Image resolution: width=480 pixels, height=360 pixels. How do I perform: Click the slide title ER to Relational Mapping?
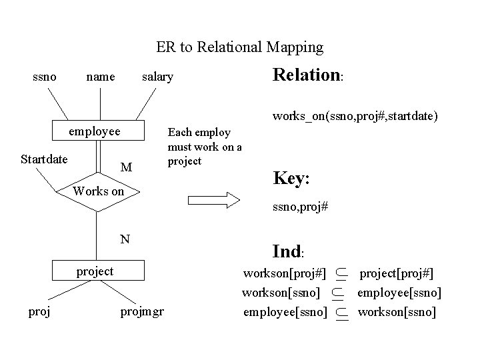[x=239, y=47]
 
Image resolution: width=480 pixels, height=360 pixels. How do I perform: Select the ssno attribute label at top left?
[x=44, y=77]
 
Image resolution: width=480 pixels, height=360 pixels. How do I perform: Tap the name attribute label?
[x=101, y=77]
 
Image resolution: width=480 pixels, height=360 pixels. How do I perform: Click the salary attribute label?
[x=157, y=77]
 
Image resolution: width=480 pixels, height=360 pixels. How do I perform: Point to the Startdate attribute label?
[x=43, y=159]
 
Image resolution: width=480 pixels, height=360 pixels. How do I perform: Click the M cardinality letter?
[x=125, y=167]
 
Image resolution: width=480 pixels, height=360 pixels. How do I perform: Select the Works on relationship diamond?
[x=99, y=191]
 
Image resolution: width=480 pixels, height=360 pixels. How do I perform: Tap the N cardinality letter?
[x=125, y=238]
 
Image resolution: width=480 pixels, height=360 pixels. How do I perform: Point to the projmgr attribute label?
[x=142, y=311]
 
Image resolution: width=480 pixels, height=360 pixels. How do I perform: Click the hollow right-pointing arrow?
[x=213, y=199]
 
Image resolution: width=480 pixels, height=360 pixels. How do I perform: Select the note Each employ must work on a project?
[x=204, y=147]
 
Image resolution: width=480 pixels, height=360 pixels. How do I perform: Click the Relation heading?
[x=307, y=75]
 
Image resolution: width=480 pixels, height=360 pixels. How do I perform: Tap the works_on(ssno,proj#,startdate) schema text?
[x=355, y=116]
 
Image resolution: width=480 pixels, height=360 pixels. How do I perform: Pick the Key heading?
[x=291, y=178]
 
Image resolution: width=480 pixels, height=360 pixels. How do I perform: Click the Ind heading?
[x=288, y=251]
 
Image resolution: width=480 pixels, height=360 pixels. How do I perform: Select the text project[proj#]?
[x=396, y=273]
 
